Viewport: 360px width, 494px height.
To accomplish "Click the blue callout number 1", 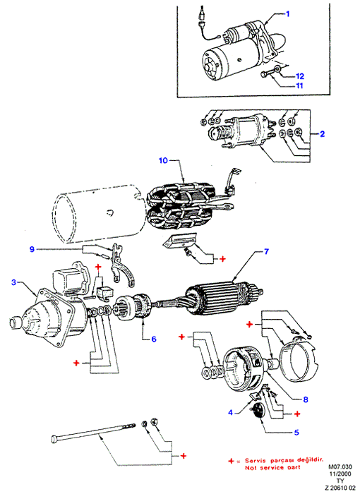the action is [287, 14].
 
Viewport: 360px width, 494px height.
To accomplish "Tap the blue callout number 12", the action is [300, 76].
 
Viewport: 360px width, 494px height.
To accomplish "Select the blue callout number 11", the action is [299, 85].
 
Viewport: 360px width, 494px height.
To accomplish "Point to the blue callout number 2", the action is [322, 134].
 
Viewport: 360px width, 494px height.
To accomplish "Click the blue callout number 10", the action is [163, 160].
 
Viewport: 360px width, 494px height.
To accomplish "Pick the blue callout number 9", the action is [32, 249].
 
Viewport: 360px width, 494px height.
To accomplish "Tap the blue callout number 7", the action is [266, 251].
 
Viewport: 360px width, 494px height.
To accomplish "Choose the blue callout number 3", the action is [13, 282].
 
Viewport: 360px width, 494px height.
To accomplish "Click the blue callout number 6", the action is [153, 339].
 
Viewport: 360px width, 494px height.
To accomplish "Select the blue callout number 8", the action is [305, 399].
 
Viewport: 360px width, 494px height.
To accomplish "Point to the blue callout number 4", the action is [230, 412].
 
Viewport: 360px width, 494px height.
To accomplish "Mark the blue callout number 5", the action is [296, 432].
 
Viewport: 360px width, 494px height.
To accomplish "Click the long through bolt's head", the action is [54, 438].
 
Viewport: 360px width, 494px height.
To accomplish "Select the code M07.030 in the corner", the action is [340, 466].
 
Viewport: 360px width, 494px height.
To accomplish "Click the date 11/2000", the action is [340, 474].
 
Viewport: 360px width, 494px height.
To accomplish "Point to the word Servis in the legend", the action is [256, 461].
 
